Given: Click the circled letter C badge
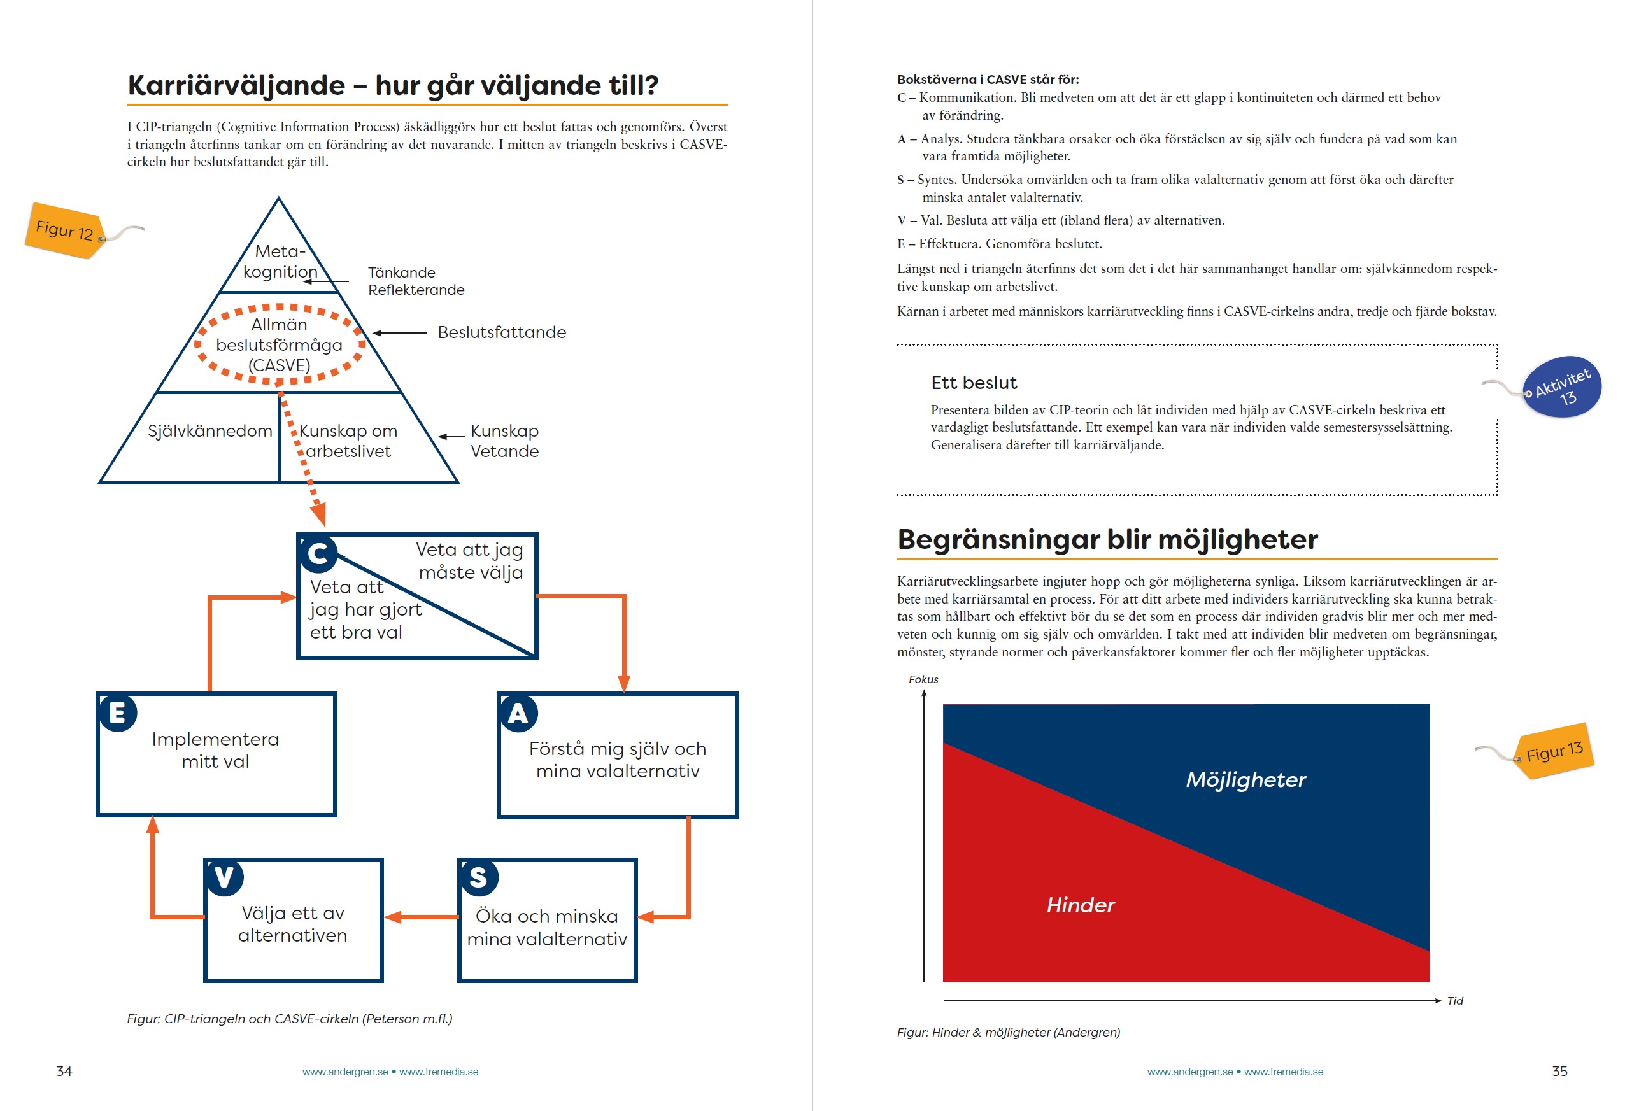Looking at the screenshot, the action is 318,553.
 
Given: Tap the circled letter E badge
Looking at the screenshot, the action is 117,712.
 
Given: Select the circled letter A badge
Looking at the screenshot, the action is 518,713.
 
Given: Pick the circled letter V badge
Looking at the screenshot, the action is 224,877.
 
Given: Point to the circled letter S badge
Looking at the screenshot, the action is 478,877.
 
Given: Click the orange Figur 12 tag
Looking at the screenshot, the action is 64,230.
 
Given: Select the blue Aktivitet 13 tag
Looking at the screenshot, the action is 1561,387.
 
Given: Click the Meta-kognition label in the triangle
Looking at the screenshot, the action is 280,262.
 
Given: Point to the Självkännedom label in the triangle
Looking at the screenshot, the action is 209,430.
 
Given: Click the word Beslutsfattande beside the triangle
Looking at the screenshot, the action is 501,332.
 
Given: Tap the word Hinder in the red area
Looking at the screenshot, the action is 1081,905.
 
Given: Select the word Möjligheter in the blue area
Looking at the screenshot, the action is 1246,779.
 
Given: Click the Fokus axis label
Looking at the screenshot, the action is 923,679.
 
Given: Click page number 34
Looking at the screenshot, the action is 64,1071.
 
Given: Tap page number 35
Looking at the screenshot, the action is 1559,1071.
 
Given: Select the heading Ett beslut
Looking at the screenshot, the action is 974,383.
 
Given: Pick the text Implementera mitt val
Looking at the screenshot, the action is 215,750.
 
